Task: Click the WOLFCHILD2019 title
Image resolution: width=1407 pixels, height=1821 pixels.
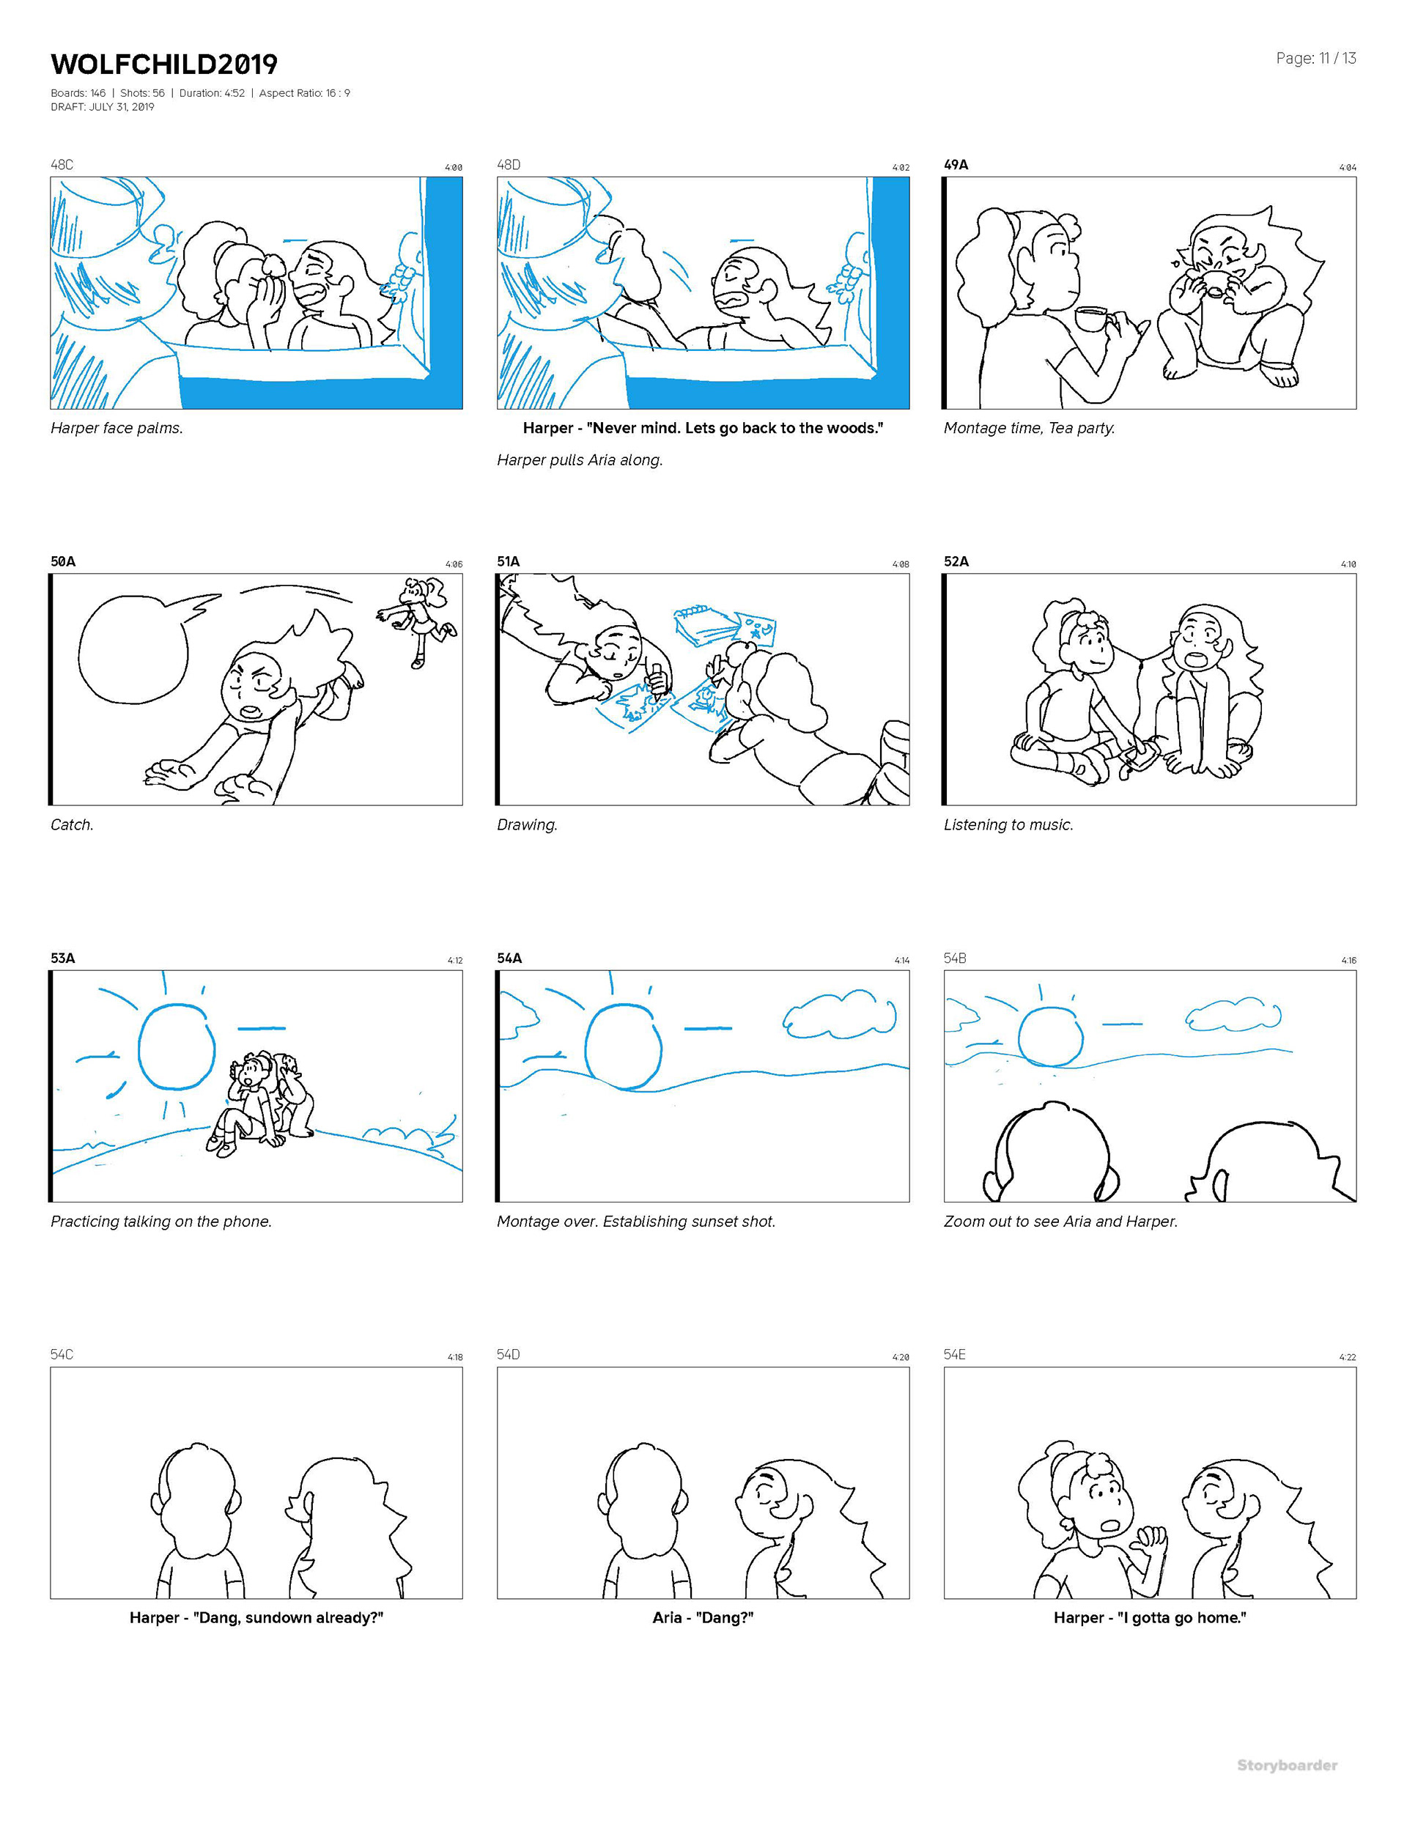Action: (x=163, y=64)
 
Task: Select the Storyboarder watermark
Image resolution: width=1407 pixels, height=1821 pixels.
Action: (x=1287, y=1765)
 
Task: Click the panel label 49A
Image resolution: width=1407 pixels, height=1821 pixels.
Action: (x=956, y=164)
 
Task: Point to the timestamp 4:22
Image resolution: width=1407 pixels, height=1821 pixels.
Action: (x=1347, y=1357)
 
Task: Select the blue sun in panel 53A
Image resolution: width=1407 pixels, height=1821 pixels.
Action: (x=177, y=1047)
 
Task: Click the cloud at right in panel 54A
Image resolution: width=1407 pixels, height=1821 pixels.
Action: (x=839, y=1015)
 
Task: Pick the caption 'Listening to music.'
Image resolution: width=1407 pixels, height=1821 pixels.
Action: (x=1008, y=824)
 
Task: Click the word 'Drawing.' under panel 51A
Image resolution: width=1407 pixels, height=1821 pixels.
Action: (x=527, y=824)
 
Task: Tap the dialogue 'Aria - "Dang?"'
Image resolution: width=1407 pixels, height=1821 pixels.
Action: (x=702, y=1617)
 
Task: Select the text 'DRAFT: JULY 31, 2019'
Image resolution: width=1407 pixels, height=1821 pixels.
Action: (x=103, y=107)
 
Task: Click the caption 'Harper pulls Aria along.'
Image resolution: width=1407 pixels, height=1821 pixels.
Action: (x=580, y=459)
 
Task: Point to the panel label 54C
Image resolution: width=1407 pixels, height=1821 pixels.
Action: (x=62, y=1354)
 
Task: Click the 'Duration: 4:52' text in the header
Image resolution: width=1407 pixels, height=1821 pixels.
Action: (x=212, y=92)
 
